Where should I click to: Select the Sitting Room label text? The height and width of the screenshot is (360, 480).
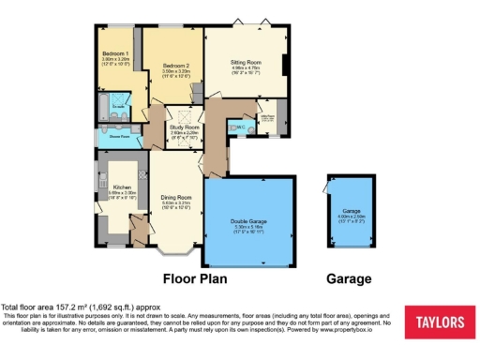point(246,62)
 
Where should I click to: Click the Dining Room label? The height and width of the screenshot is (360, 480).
point(175,196)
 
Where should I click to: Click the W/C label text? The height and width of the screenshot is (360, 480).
point(241,127)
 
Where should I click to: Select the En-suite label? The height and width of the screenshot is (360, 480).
point(120,110)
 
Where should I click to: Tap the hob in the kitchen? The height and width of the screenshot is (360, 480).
point(142,172)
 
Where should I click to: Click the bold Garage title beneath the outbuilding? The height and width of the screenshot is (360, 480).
point(349,278)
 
